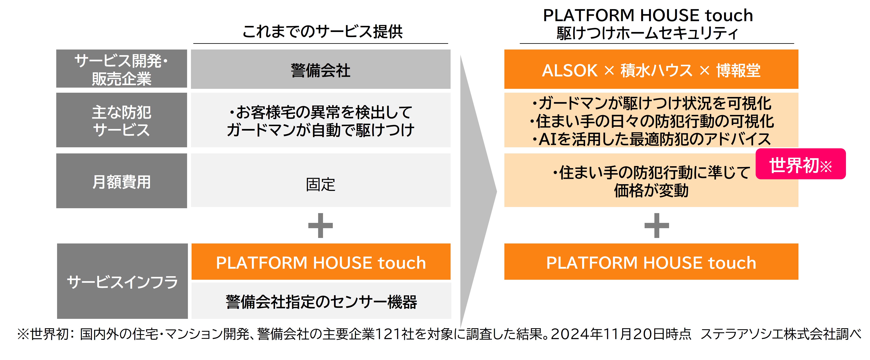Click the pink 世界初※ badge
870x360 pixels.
(801, 164)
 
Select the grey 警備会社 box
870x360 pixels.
(321, 69)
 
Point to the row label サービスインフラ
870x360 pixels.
(122, 281)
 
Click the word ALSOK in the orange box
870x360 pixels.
(570, 70)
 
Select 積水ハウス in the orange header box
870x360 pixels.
(657, 70)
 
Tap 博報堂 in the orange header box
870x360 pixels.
(738, 70)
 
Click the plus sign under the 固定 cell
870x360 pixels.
(321, 225)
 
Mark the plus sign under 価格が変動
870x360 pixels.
(657, 225)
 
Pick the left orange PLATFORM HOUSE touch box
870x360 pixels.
(321, 262)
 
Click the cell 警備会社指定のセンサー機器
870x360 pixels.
(321, 301)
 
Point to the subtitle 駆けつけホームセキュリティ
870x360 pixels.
(647, 33)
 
